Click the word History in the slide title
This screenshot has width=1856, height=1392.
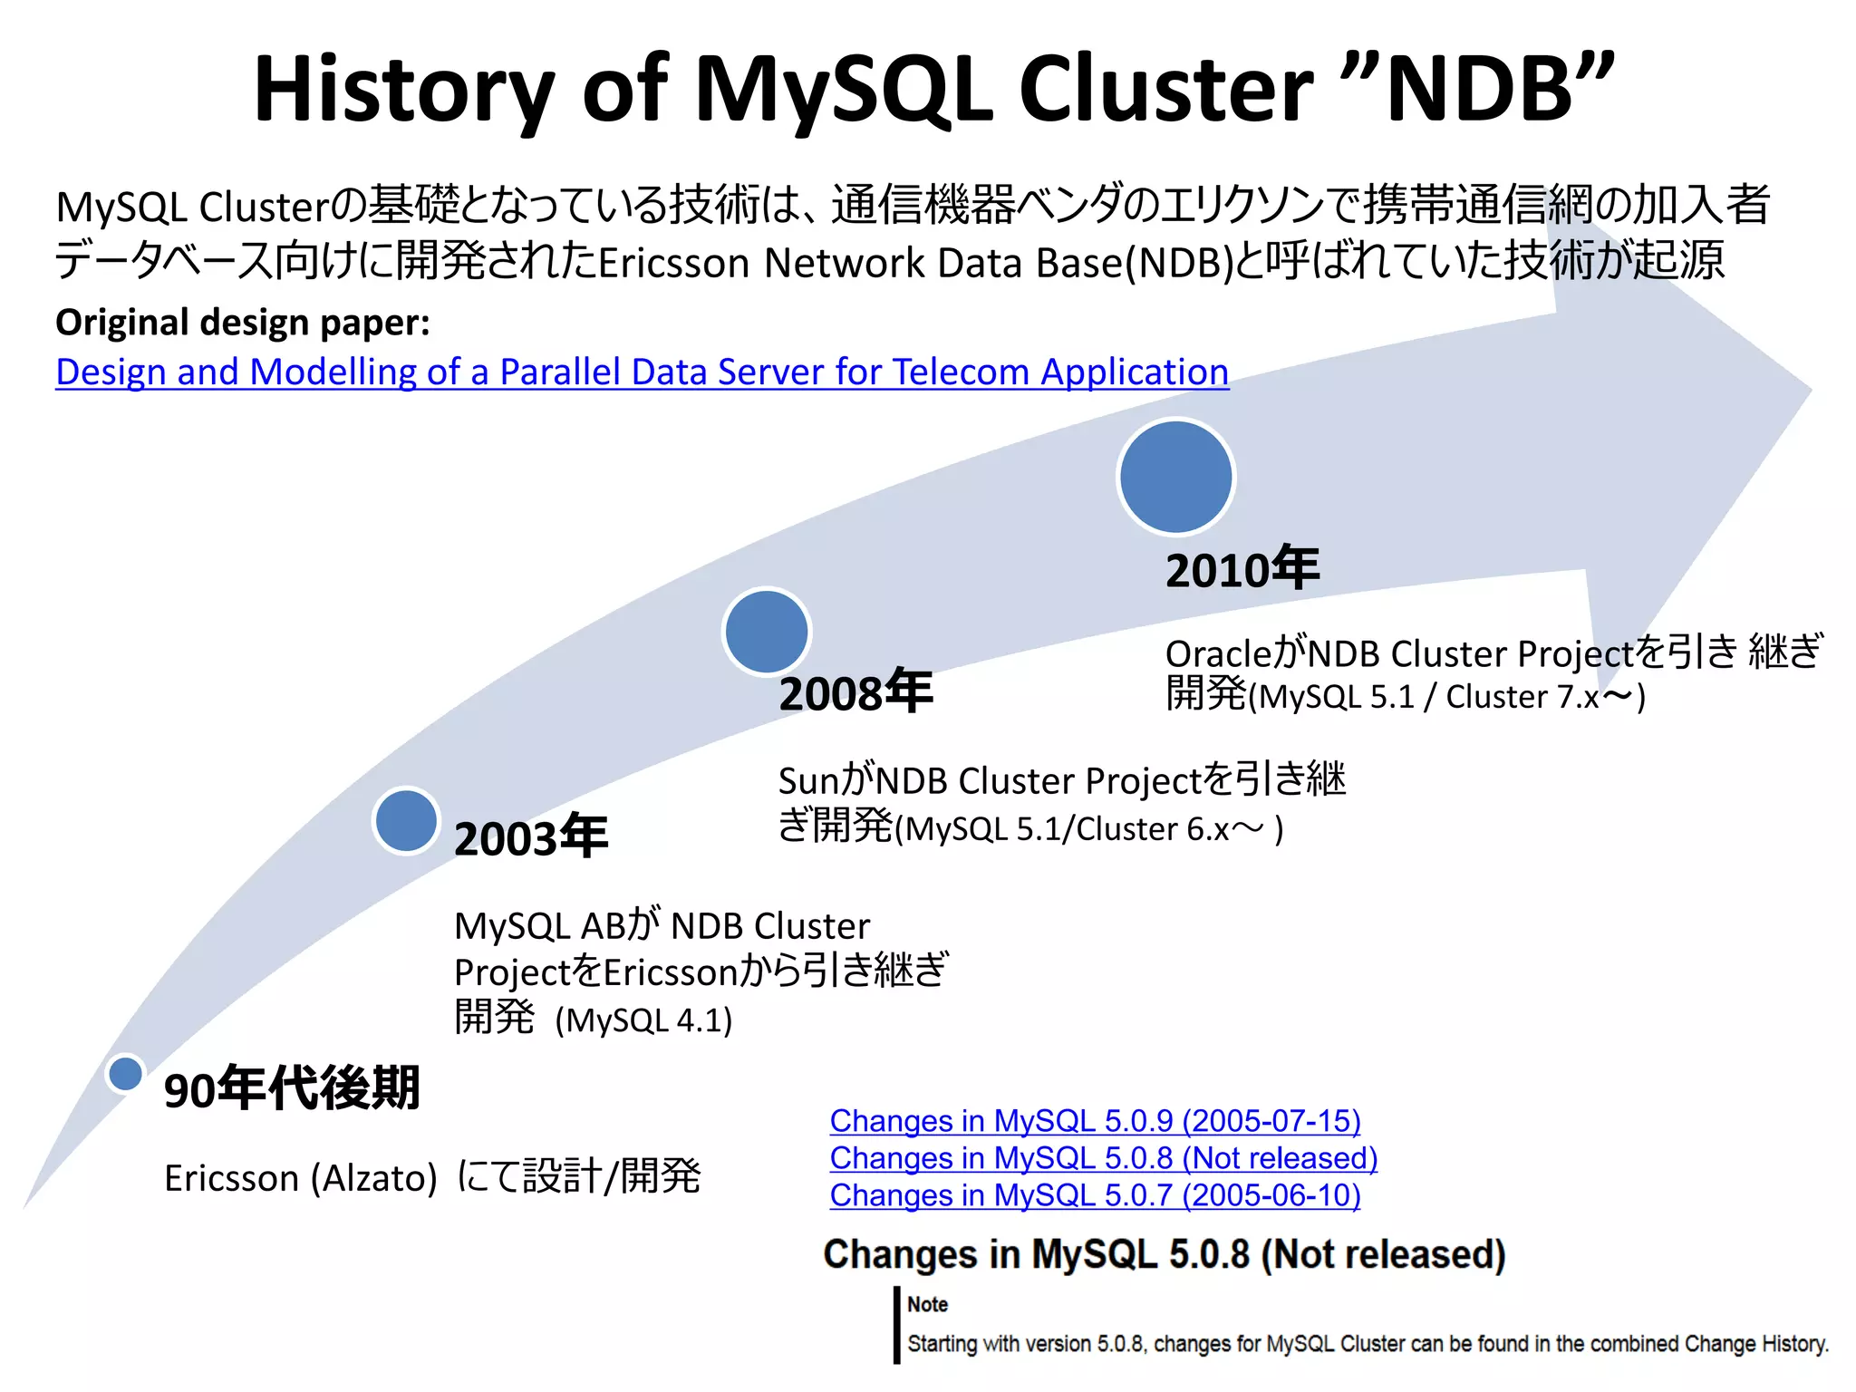[x=403, y=91]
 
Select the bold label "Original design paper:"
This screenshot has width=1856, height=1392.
[x=242, y=323]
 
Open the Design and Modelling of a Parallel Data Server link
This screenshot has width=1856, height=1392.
[x=642, y=372]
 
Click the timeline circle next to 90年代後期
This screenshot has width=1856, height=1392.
[x=125, y=1074]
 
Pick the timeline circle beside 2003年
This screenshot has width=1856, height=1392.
[x=406, y=820]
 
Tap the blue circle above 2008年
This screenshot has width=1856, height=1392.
[x=767, y=632]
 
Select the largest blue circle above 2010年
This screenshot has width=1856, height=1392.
[x=1175, y=477]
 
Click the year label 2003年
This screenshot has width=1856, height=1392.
[x=531, y=837]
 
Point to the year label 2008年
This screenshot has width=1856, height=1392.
[x=855, y=693]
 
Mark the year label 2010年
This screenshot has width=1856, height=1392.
[x=1242, y=570]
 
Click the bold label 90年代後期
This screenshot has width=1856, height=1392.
[x=292, y=1089]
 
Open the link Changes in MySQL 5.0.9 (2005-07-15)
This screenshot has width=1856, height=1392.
[x=1095, y=1121]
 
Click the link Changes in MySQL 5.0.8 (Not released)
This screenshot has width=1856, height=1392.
[x=1103, y=1158]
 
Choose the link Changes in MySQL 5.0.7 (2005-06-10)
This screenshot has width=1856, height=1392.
[x=1095, y=1195]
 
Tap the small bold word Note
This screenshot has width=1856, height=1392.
[x=927, y=1304]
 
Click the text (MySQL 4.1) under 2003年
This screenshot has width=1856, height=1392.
[x=643, y=1021]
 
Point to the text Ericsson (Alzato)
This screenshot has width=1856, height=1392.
[x=301, y=1178]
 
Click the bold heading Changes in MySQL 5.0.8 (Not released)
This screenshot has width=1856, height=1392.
[x=1164, y=1255]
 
